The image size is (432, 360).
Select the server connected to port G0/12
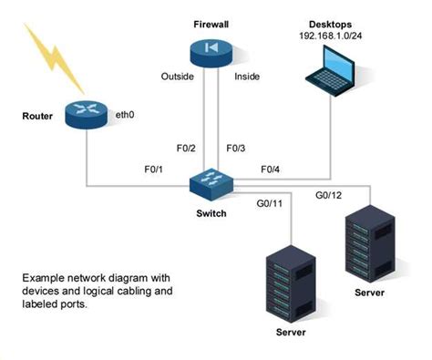pos(369,244)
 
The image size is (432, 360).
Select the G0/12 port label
pos(328,195)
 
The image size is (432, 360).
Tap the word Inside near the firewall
pos(248,76)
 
